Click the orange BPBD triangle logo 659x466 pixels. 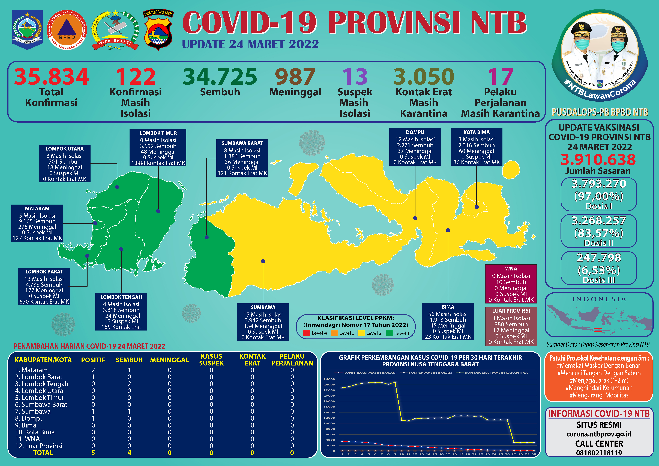point(67,30)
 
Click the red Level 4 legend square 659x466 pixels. point(307,333)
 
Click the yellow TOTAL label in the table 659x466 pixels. point(43,453)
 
